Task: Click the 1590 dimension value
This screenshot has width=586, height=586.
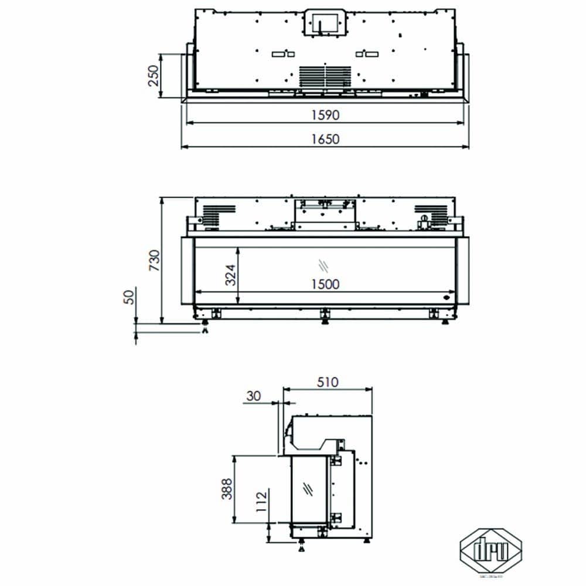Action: [x=326, y=115]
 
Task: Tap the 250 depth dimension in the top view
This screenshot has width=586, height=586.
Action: [x=153, y=75]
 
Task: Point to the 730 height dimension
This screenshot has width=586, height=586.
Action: [x=154, y=260]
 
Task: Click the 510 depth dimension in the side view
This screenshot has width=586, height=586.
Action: [x=328, y=382]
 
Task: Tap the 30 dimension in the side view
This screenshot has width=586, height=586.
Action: [x=253, y=396]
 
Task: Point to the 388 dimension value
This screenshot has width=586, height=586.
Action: [x=227, y=489]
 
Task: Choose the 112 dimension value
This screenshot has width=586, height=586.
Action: [x=261, y=502]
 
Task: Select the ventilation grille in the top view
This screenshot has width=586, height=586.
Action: [x=325, y=76]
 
